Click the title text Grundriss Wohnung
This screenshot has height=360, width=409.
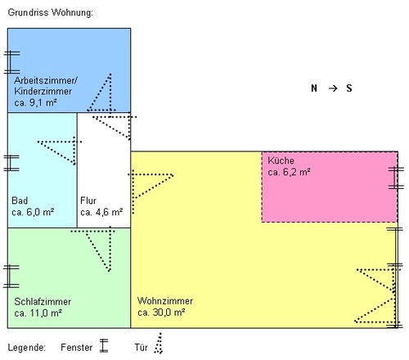[51, 12]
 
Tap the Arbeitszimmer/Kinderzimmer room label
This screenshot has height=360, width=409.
[46, 86]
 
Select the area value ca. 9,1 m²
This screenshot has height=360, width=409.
[35, 102]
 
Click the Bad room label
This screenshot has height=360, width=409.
[20, 200]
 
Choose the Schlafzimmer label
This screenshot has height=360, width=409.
[43, 302]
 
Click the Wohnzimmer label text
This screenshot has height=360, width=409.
[165, 301]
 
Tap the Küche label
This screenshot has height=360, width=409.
[281, 160]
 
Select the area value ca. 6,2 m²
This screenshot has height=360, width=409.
[289, 172]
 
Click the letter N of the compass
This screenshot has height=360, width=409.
[314, 88]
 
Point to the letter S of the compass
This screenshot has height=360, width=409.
[349, 88]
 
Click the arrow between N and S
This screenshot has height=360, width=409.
[333, 88]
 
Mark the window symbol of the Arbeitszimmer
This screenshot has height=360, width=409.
[11, 62]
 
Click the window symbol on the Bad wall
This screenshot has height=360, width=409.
[11, 163]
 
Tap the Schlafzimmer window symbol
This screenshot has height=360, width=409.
[11, 277]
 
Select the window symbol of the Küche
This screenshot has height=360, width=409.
[396, 178]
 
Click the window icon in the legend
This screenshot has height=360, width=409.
[104, 345]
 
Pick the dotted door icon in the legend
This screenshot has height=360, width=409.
[159, 343]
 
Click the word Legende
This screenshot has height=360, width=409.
[27, 348]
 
